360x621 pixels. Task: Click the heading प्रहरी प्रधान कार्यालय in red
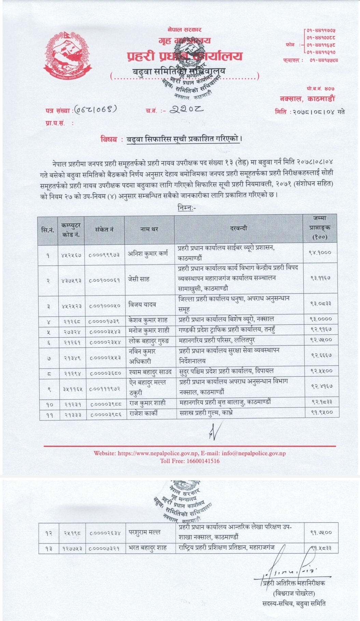click(184, 56)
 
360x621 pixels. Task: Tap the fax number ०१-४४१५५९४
click(324, 60)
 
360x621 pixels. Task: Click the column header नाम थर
click(149, 229)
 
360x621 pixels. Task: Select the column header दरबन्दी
click(238, 228)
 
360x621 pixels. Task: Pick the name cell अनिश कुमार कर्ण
click(148, 254)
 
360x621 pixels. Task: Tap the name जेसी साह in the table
click(138, 279)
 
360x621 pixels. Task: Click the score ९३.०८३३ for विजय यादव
click(320, 303)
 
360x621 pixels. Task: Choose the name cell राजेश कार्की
click(143, 413)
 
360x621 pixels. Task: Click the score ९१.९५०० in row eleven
click(321, 413)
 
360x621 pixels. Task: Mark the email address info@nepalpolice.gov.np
click(253, 453)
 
